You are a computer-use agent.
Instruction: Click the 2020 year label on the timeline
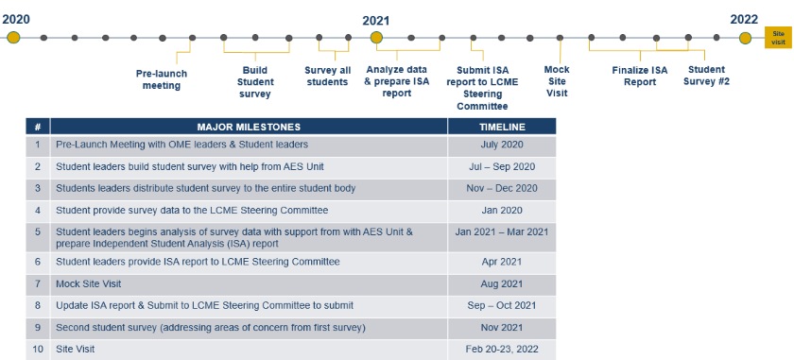(x=15, y=17)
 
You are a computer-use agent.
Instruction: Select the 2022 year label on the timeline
(x=744, y=19)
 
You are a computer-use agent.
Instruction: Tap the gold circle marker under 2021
(x=375, y=38)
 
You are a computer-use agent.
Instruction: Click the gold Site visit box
(x=777, y=38)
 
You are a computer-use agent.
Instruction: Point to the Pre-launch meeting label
(x=163, y=79)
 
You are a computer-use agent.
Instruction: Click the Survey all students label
(x=326, y=75)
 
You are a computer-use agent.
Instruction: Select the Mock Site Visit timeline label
(x=557, y=80)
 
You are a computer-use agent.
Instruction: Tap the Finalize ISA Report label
(x=639, y=75)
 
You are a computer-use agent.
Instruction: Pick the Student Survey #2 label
(x=707, y=75)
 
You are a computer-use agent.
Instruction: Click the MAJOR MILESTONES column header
(x=249, y=127)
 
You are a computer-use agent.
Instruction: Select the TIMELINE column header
(x=502, y=127)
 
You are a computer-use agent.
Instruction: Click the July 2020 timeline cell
(x=502, y=145)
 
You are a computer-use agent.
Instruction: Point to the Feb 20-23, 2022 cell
(x=502, y=349)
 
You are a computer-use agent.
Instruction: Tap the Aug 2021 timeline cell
(x=502, y=283)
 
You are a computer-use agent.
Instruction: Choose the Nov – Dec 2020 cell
(x=502, y=188)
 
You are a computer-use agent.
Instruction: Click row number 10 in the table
(x=38, y=349)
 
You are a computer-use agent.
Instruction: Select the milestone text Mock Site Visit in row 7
(x=82, y=283)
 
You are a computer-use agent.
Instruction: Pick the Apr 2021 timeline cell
(x=502, y=261)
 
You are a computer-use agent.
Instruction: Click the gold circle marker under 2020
(x=13, y=38)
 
